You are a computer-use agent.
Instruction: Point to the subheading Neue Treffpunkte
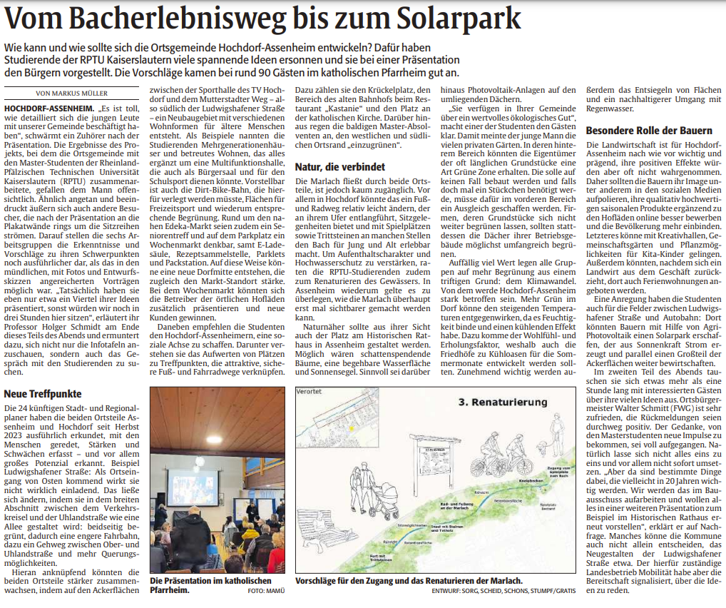tap(43, 394)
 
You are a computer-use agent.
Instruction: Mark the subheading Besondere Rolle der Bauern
tap(649, 131)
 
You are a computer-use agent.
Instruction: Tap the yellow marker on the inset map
tap(351, 428)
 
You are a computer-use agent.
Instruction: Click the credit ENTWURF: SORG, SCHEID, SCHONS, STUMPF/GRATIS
tap(503, 591)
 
